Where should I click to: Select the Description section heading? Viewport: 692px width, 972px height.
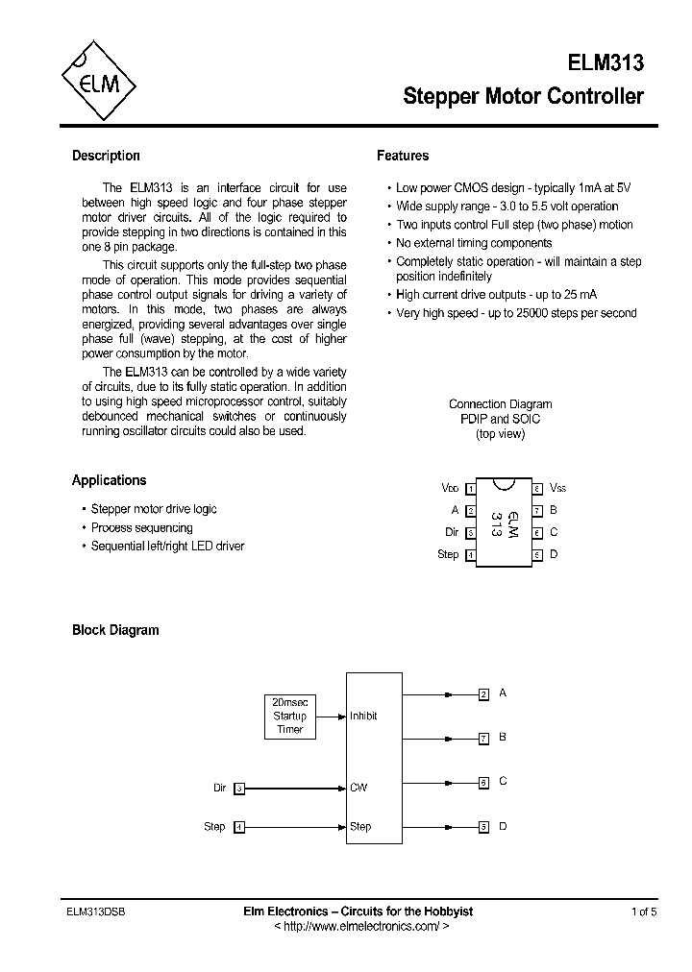(x=106, y=156)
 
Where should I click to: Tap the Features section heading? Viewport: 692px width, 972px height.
(x=403, y=156)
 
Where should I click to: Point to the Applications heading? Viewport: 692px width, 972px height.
(x=109, y=480)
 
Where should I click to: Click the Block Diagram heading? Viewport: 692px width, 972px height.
(x=115, y=630)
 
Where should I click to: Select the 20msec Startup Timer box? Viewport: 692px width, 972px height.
(x=289, y=716)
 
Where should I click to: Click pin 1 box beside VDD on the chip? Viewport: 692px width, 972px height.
(x=471, y=488)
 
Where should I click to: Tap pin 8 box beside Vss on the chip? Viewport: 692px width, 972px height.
(x=537, y=488)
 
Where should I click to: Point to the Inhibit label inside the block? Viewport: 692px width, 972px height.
(x=363, y=716)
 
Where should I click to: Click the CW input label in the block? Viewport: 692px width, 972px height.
(x=358, y=788)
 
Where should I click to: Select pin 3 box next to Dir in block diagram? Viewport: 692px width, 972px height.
(x=239, y=789)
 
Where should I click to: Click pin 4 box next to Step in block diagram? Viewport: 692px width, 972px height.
(x=239, y=827)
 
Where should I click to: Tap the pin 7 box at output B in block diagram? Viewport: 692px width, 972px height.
(x=484, y=738)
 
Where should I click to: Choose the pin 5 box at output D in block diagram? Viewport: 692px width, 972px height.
(x=484, y=826)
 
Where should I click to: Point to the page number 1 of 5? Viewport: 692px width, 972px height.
(x=644, y=911)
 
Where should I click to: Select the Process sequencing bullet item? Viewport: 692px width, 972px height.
(x=141, y=527)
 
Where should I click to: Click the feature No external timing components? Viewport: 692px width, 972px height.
(x=474, y=243)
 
